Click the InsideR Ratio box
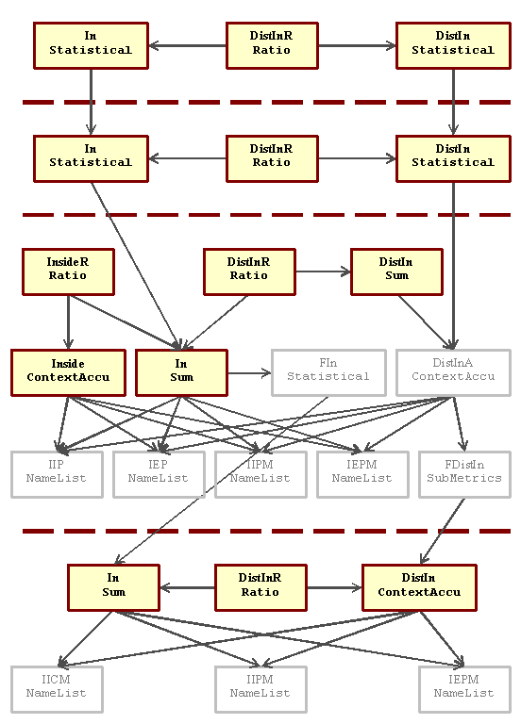pyautogui.click(x=68, y=271)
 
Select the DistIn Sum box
pyautogui.click(x=396, y=271)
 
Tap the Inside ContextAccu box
pyautogui.click(x=68, y=373)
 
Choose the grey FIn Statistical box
pyautogui.click(x=328, y=373)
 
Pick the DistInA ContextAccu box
pyautogui.click(x=453, y=373)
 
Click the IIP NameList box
pyautogui.click(x=57, y=475)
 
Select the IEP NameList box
pyautogui.click(x=159, y=475)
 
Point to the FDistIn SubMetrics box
pyautogui.click(x=464, y=475)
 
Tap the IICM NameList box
pyautogui.click(x=57, y=689)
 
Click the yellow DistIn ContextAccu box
pyautogui.click(x=419, y=588)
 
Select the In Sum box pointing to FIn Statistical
pyautogui.click(x=181, y=373)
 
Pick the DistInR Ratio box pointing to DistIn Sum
pyautogui.click(x=249, y=271)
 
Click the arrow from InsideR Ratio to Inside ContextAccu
pyautogui.click(x=68, y=322)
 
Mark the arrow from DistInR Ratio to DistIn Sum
pyautogui.click(x=323, y=271)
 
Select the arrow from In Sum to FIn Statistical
pyautogui.click(x=249, y=373)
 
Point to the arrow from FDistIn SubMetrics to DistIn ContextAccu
pyautogui.click(x=443, y=531)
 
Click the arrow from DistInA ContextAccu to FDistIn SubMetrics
pyautogui.click(x=459, y=424)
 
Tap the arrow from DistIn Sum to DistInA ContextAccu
pyautogui.click(x=427, y=322)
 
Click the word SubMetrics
pyautogui.click(x=464, y=478)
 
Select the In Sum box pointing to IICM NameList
pyautogui.click(x=113, y=588)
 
